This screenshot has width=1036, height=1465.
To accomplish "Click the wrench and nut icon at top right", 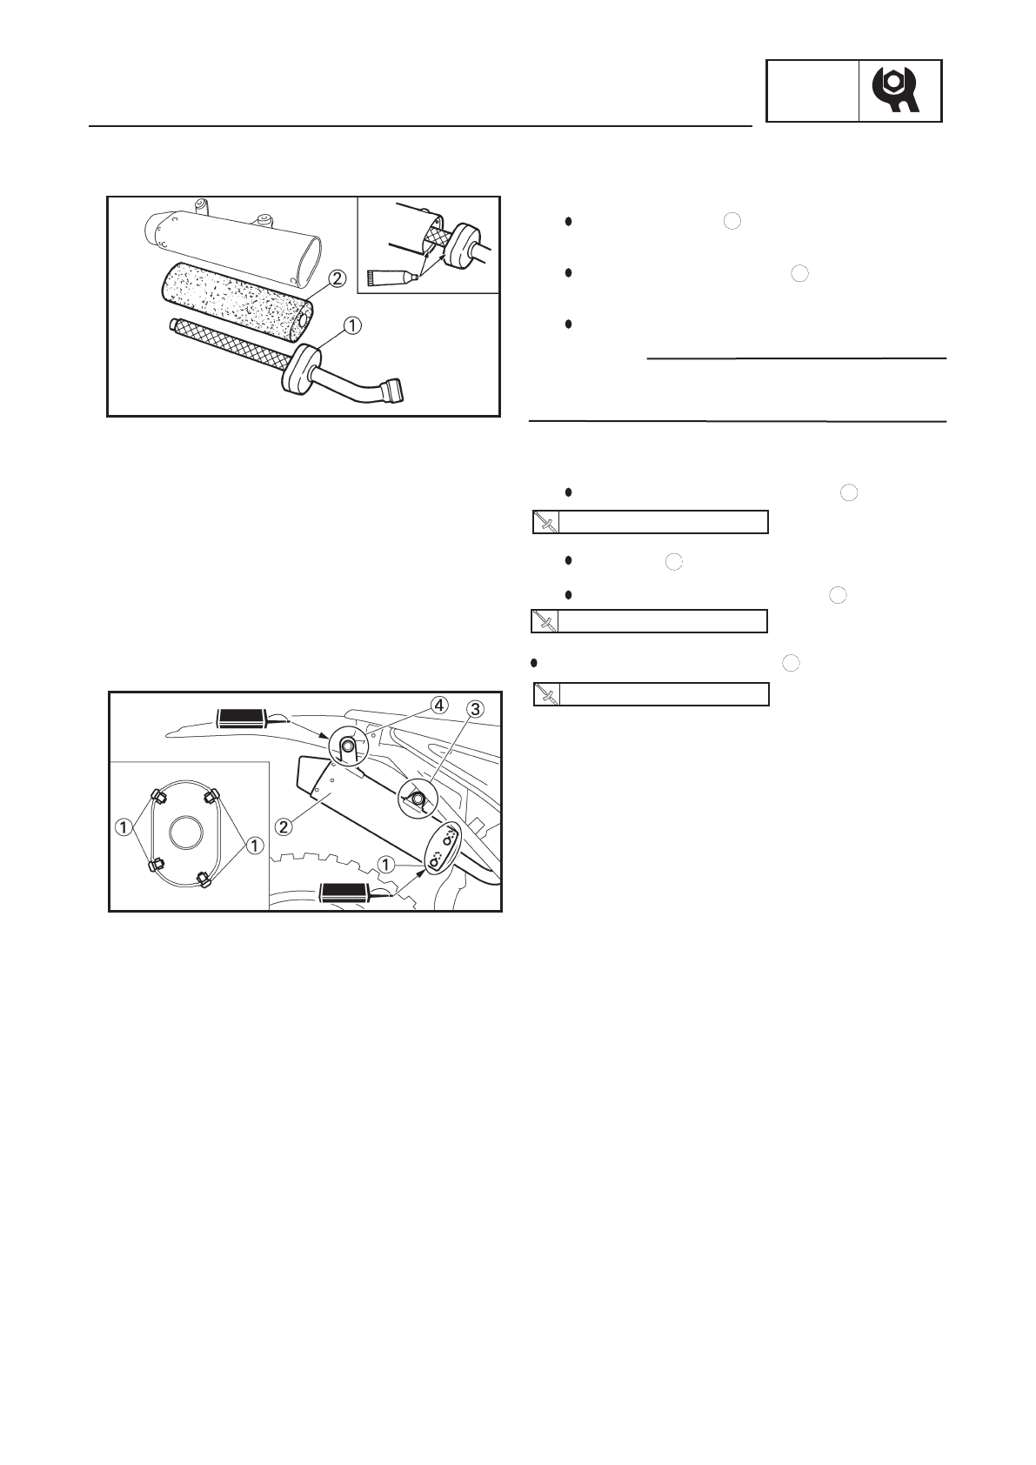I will tap(899, 90).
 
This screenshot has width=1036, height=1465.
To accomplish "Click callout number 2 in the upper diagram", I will tap(337, 279).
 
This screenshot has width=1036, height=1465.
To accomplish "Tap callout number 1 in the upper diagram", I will tap(351, 325).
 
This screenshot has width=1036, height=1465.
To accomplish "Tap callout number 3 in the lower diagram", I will tap(475, 709).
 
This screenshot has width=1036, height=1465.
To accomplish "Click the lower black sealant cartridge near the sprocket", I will tap(346, 892).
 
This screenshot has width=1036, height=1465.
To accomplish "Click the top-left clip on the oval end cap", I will tap(158, 796).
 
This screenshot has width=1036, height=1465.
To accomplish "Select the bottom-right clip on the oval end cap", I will tap(206, 878).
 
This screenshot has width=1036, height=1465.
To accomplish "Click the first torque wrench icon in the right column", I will tap(545, 522).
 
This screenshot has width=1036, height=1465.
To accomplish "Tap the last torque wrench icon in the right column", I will tap(545, 694).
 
